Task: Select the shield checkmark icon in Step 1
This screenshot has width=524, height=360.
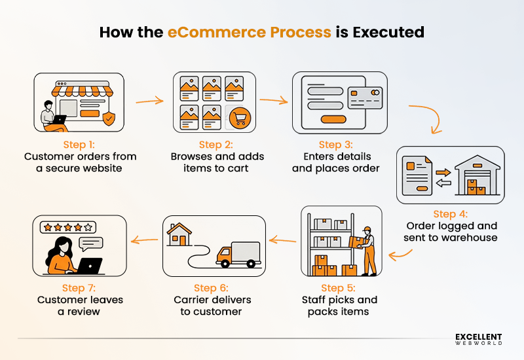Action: [x=109, y=118]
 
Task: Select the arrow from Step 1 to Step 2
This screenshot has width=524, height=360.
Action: [x=149, y=101]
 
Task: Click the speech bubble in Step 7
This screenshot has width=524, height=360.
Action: [x=91, y=243]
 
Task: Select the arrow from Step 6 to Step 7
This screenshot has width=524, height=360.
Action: [x=144, y=240]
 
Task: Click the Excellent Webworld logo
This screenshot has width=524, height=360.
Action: [x=479, y=338]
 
